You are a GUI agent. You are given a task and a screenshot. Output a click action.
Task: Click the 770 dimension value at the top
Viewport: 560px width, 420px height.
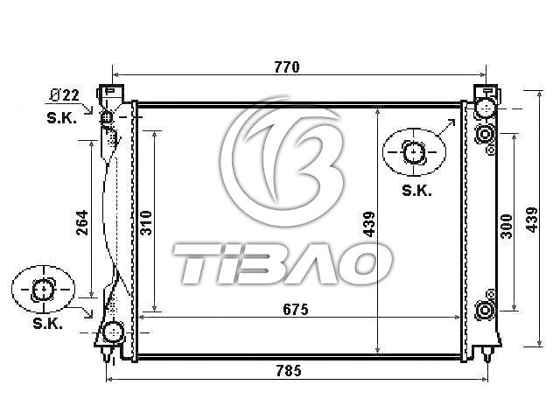click(x=287, y=67)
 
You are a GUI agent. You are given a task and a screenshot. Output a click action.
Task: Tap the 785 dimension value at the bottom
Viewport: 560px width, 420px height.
click(x=289, y=371)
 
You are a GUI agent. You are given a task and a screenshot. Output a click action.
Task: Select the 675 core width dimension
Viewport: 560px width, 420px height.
click(x=296, y=309)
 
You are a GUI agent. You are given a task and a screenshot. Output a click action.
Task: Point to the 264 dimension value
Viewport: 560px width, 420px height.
click(x=82, y=222)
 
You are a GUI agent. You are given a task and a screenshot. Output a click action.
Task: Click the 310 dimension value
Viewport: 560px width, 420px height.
click(x=146, y=223)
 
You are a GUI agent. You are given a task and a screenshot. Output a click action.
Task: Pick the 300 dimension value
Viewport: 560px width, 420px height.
click(x=506, y=226)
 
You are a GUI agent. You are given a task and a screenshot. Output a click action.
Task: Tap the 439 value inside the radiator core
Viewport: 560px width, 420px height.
click(x=369, y=224)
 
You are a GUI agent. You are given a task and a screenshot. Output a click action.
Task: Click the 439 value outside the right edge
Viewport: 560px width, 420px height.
click(x=531, y=220)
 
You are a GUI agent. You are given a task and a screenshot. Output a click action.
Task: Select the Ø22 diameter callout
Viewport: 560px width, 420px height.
click(x=64, y=95)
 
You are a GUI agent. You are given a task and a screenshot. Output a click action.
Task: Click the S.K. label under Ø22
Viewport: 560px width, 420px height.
click(x=62, y=118)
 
